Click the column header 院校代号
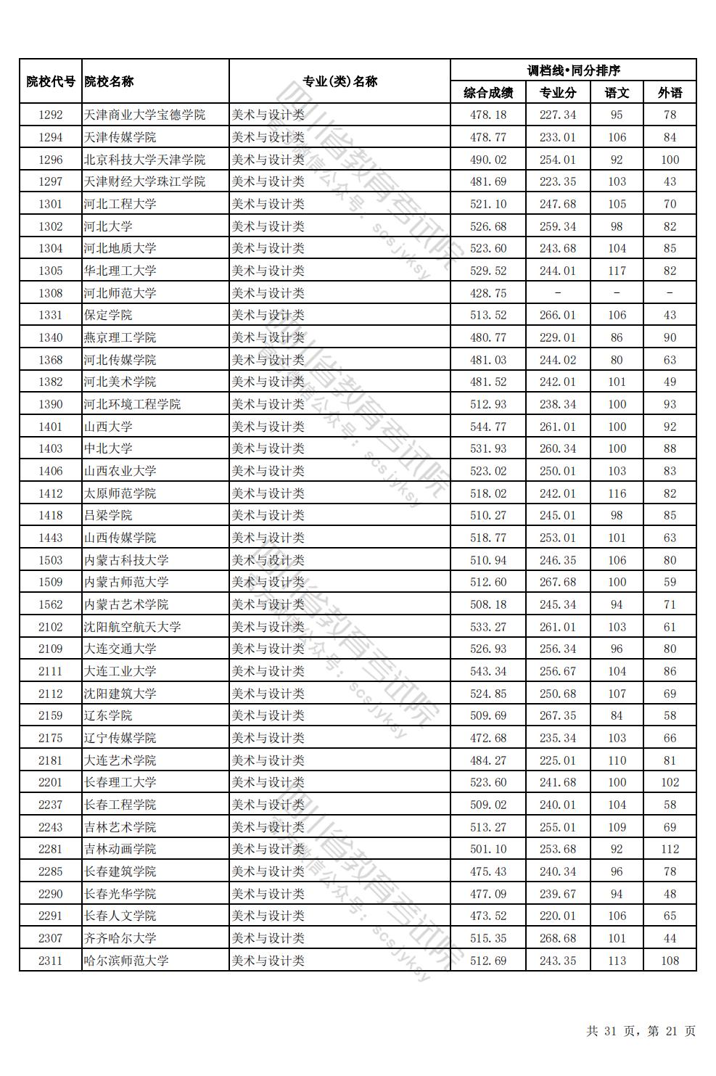[51, 81]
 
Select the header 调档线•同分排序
[573, 70]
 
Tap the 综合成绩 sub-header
[488, 93]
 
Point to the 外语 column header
[670, 93]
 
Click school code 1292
[51, 115]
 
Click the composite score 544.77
[488, 427]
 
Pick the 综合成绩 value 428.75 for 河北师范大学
[488, 293]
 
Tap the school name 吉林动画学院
[120, 849]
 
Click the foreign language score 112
[670, 849]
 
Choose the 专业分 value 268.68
[557, 938]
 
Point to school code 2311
[51, 961]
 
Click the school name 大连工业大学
[120, 671]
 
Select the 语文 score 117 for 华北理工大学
[617, 271]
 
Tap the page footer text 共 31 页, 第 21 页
[641, 1031]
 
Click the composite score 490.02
[488, 160]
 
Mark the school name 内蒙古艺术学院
[126, 604]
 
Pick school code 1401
[51, 427]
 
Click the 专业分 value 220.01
[557, 916]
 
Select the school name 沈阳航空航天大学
[132, 627]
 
